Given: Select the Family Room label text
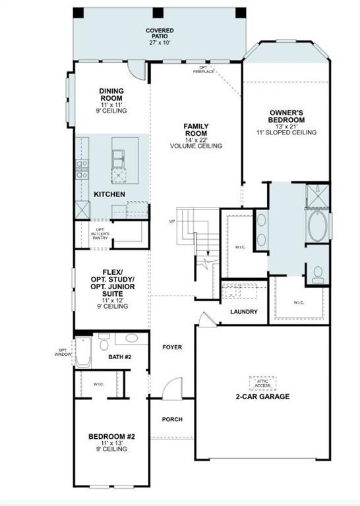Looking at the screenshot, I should (x=196, y=130).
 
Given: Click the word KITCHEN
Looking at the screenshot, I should (x=110, y=194).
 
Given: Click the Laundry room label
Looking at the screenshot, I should (x=243, y=312).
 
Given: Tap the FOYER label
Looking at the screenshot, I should (x=172, y=347).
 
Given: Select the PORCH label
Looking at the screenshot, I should (x=172, y=419).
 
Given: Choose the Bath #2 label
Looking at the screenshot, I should (x=120, y=357).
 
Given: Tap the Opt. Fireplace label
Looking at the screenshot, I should (x=204, y=70).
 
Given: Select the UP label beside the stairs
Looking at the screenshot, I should (x=172, y=221).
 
